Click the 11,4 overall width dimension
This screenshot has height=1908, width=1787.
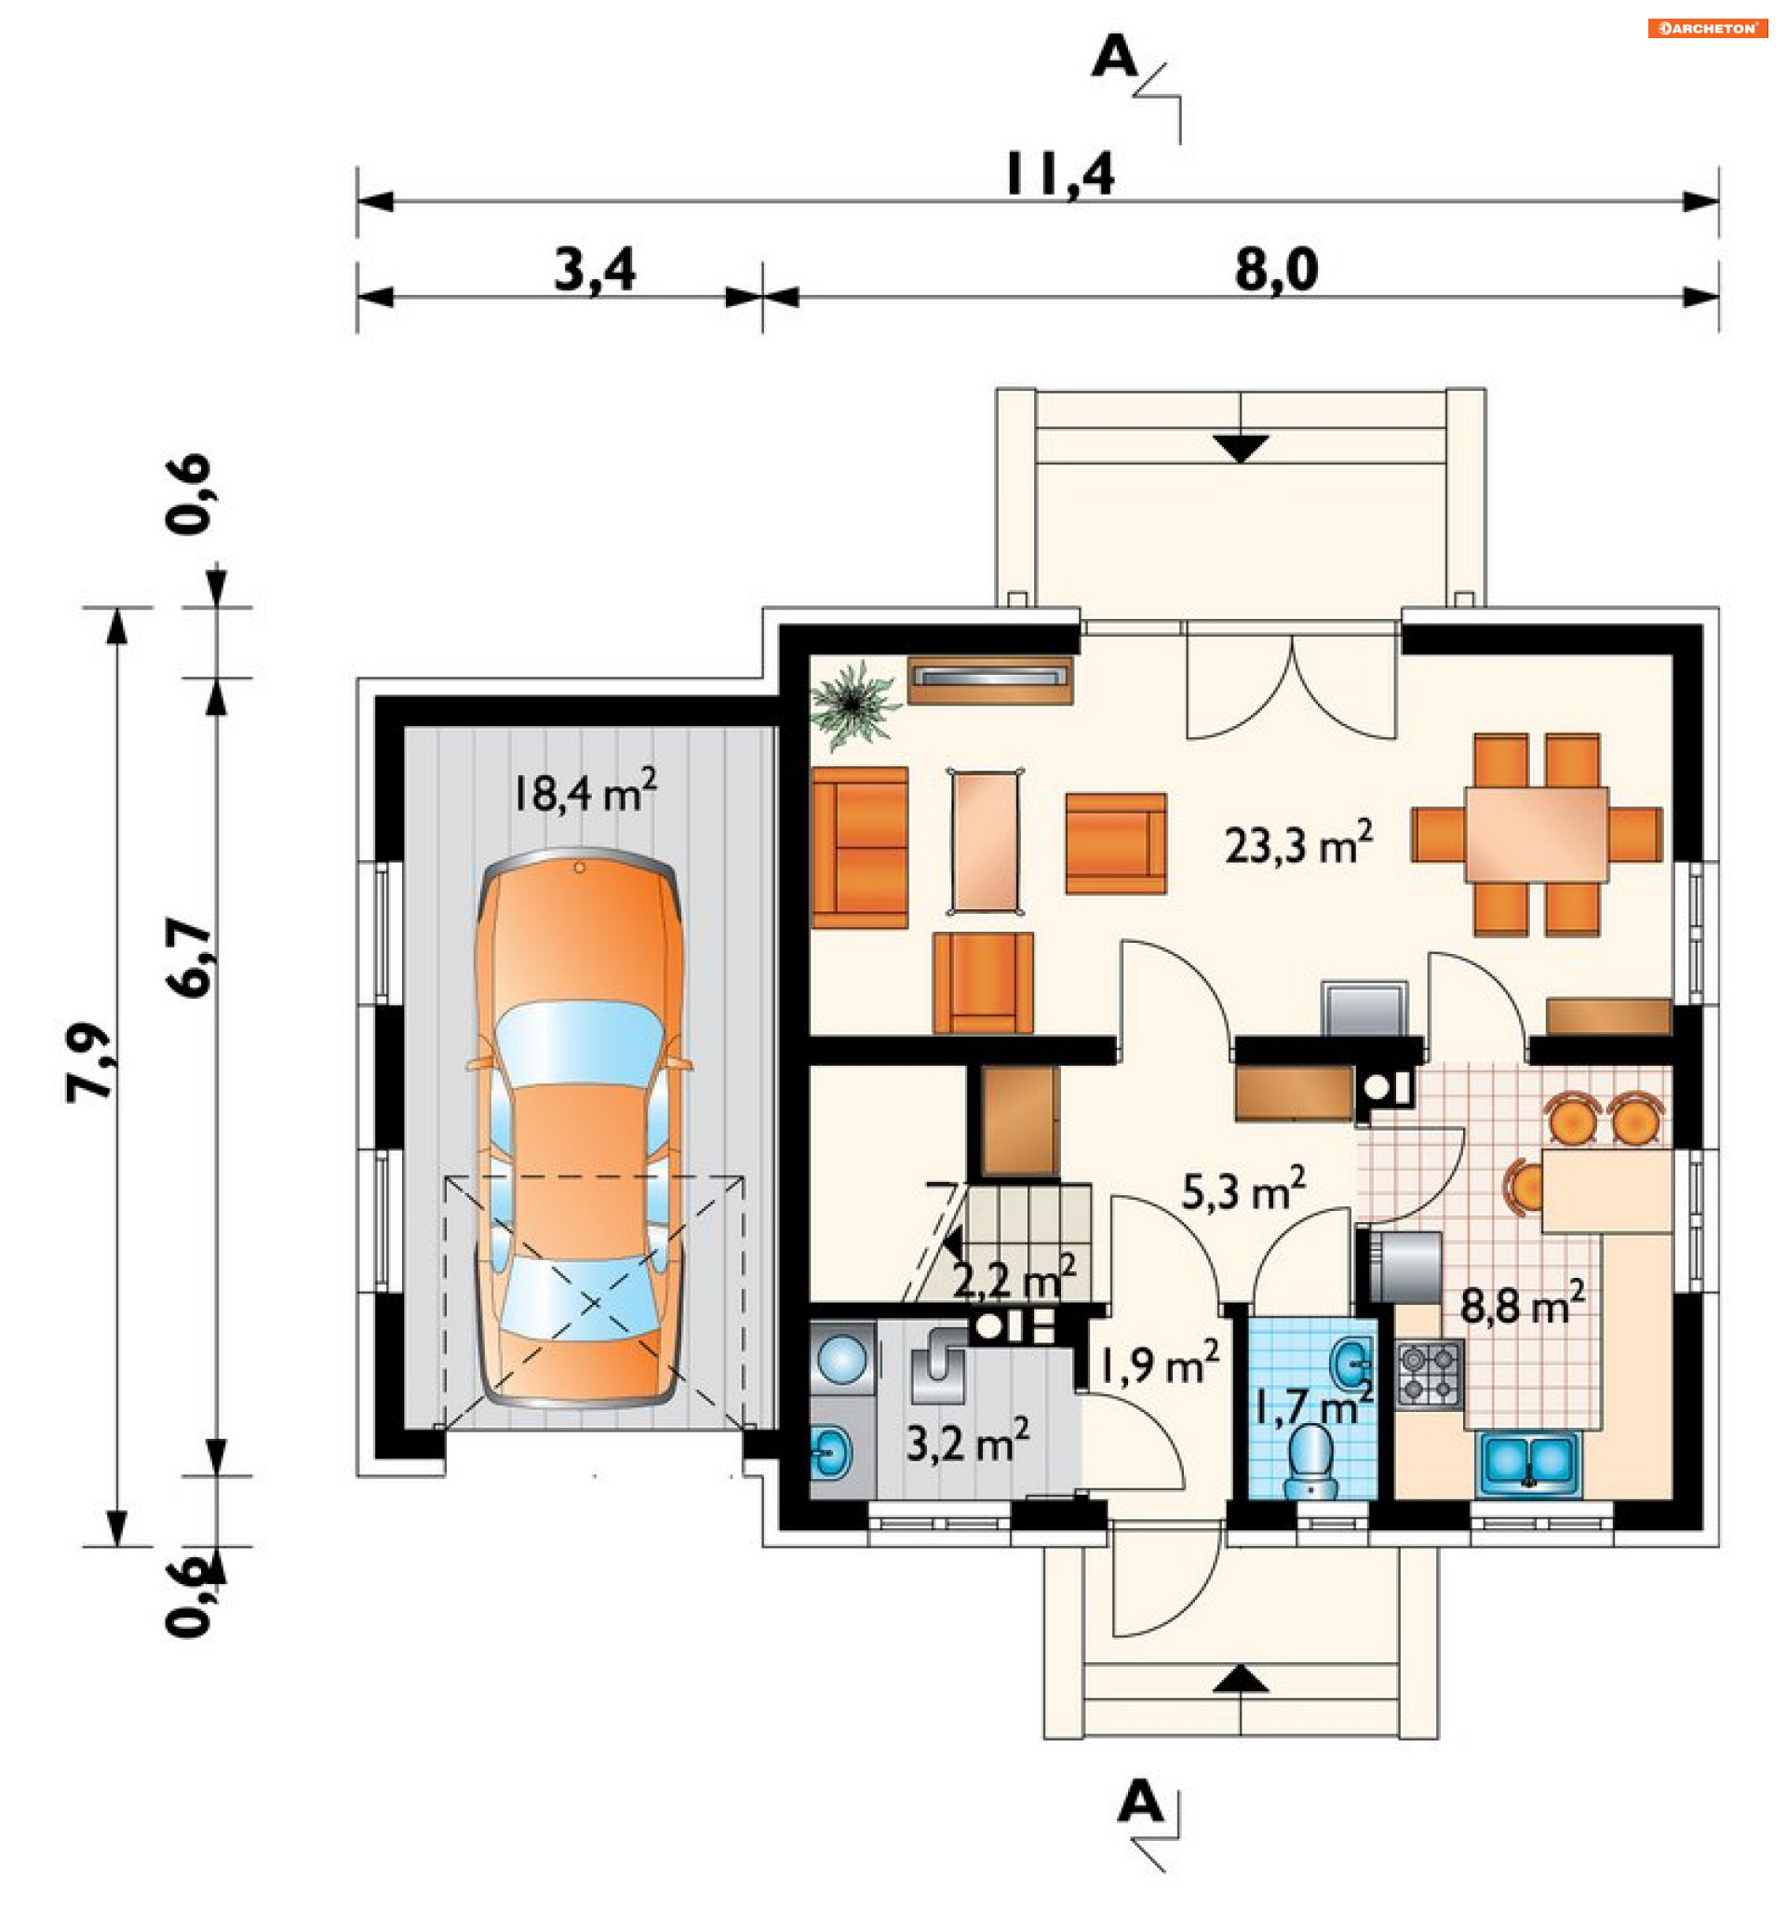click(1058, 175)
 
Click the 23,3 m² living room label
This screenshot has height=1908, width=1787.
click(1297, 843)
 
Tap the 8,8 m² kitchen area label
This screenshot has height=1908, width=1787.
click(1522, 1302)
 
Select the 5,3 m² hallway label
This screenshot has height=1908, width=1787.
click(1243, 1190)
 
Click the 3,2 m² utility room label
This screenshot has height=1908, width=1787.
click(967, 1442)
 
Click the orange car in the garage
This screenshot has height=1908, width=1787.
click(580, 1129)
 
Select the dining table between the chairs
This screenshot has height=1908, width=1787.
click(1535, 834)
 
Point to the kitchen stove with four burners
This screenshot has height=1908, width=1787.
click(1429, 1375)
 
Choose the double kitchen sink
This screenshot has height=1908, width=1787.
click(1529, 1465)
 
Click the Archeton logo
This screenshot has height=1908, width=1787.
click(1707, 29)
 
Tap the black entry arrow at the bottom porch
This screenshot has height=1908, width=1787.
click(1241, 1679)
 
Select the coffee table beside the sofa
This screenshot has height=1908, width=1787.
click(985, 840)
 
